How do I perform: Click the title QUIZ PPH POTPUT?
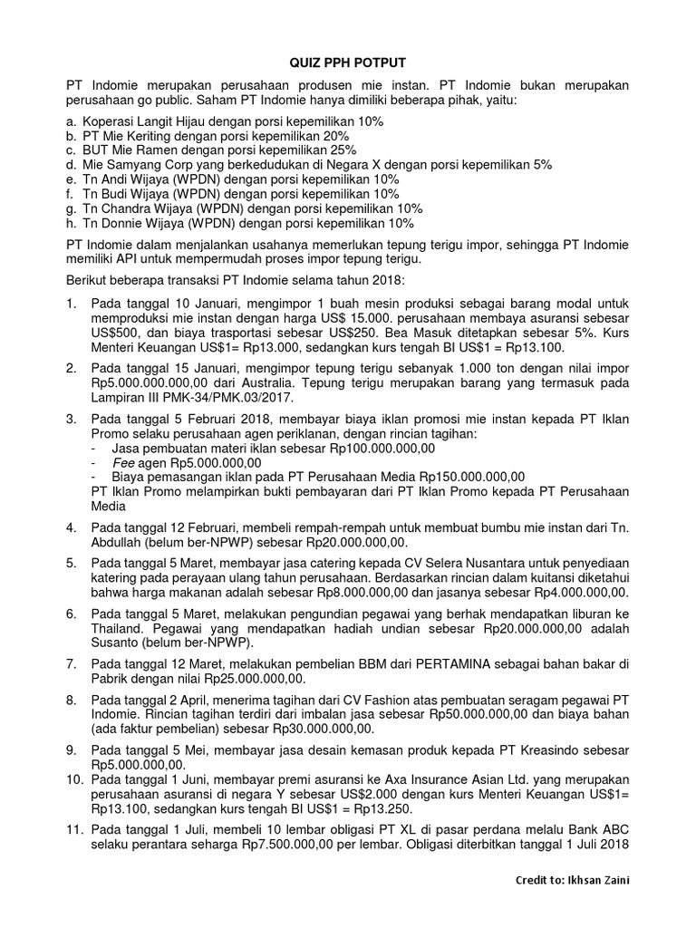(x=348, y=62)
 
